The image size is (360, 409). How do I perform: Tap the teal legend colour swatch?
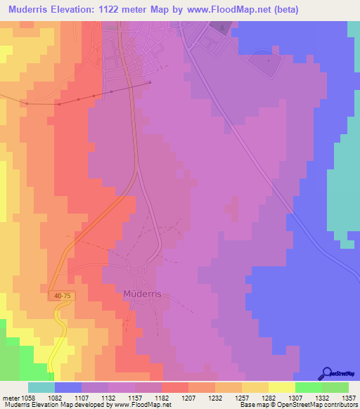pos(41,387)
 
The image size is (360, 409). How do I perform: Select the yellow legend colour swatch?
pos(281,387)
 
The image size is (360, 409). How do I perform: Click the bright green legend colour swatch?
pos(308,387)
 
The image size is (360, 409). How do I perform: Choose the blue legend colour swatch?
pos(68,387)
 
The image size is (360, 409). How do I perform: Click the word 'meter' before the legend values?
pos(11,397)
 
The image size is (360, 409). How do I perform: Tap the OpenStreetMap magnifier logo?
pos(328,373)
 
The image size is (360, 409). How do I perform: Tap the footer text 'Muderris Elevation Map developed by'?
pos(50,405)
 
